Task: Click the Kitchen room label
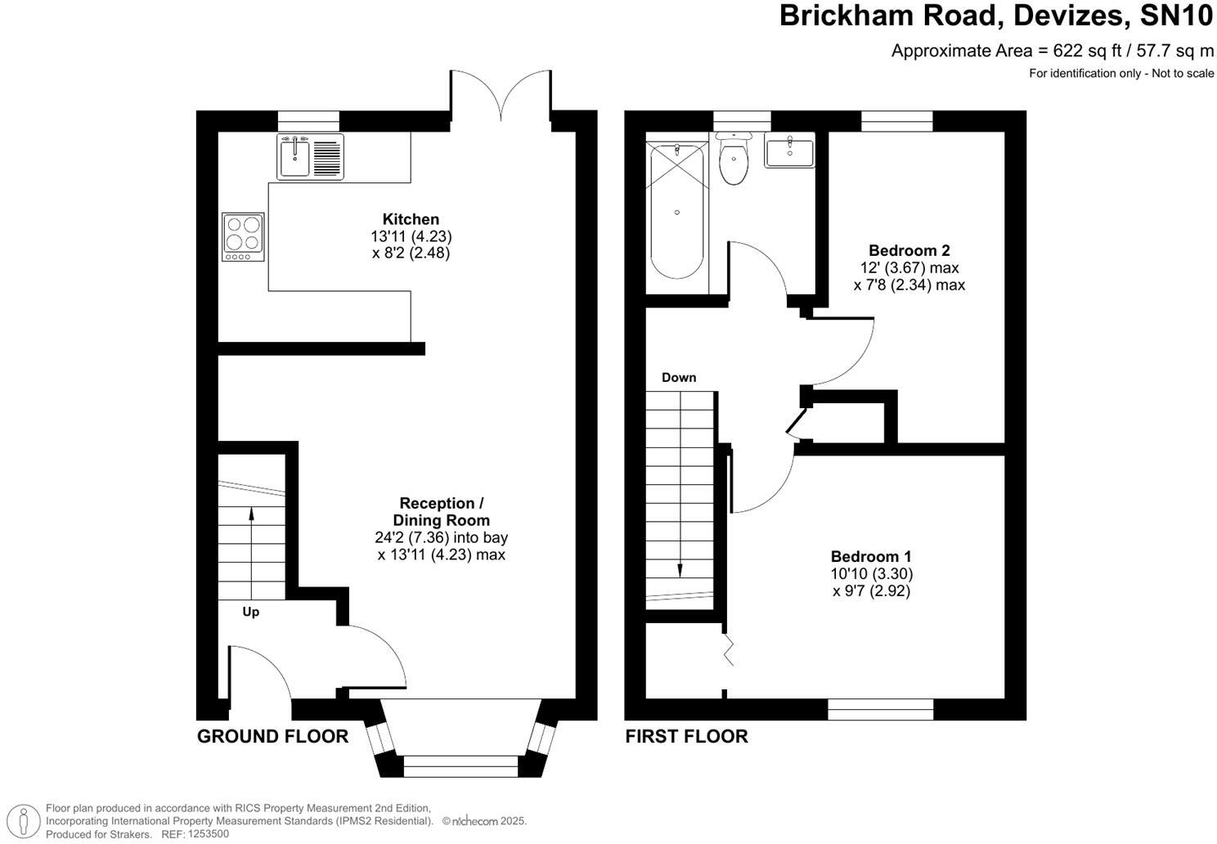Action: click(411, 219)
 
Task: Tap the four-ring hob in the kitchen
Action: click(244, 236)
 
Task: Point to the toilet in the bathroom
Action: click(734, 161)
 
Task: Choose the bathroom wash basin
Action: click(789, 152)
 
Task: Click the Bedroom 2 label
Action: click(909, 250)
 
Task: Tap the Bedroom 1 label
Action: click(871, 556)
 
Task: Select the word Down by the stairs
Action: click(679, 377)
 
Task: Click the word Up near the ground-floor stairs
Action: click(251, 612)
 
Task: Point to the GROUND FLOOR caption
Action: click(272, 736)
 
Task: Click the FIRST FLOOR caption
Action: click(686, 736)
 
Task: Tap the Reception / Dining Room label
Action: click(441, 512)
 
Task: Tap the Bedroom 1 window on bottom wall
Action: click(880, 709)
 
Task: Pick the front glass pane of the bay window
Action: click(460, 766)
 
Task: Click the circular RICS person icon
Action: click(27, 820)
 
